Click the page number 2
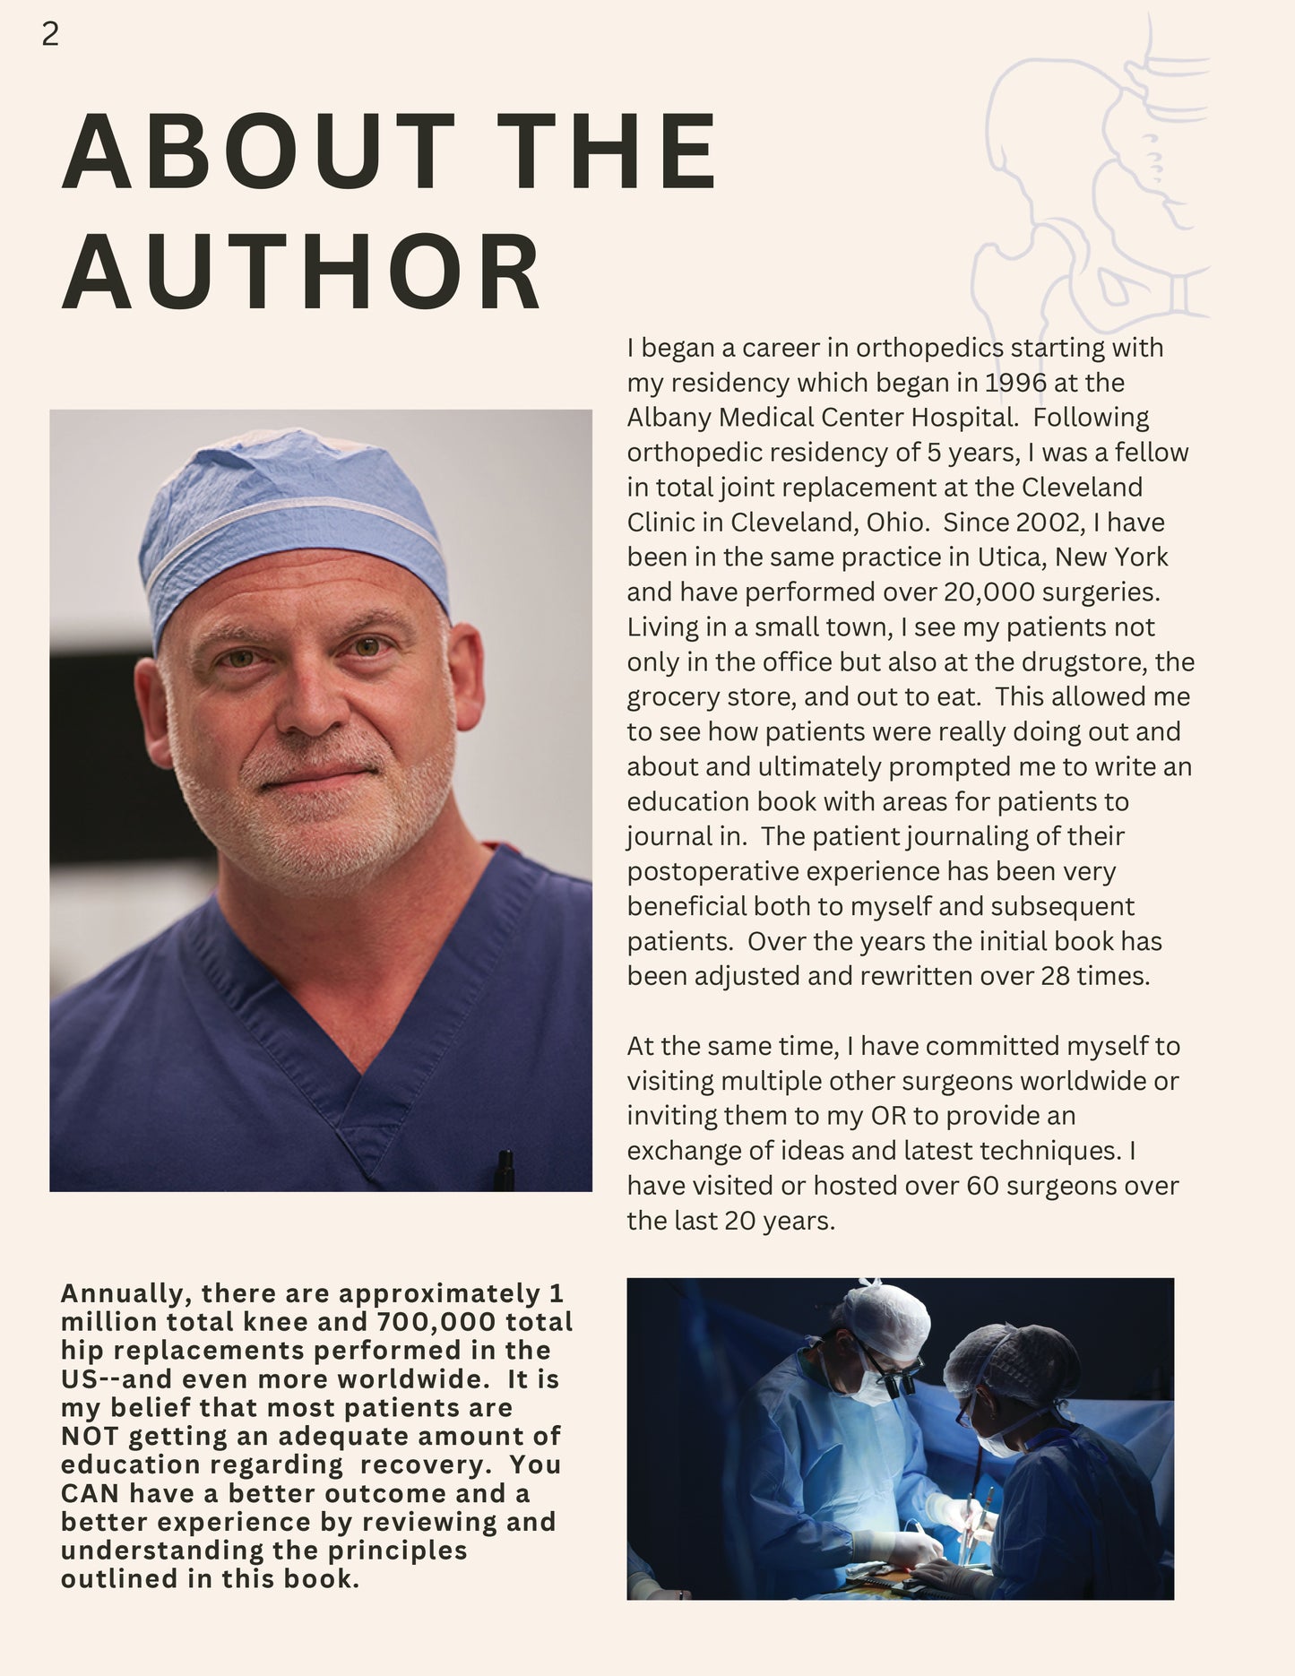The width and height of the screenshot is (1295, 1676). pos(50,34)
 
